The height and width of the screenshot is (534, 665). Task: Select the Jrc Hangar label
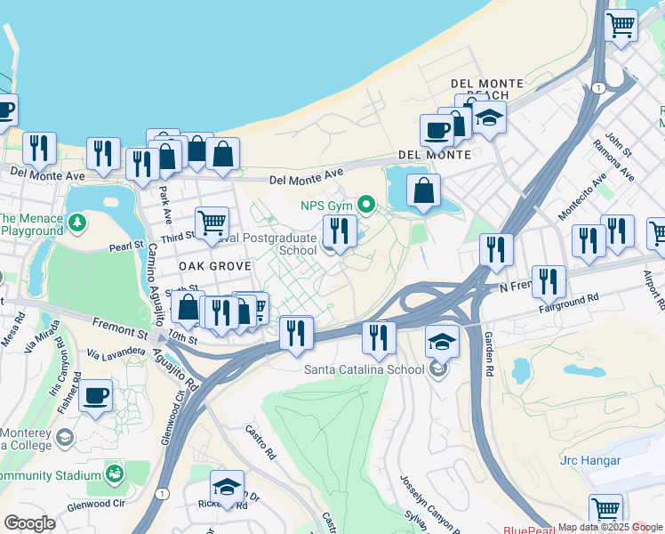pos(590,460)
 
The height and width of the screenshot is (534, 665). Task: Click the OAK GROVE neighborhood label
pos(210,266)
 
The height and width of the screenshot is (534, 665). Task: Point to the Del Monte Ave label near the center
pos(306,177)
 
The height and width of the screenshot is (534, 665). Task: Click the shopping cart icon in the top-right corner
pos(621,25)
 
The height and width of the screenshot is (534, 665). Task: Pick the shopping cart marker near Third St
pos(212,222)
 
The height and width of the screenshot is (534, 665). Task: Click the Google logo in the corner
pos(29,523)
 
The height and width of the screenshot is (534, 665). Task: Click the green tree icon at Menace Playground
pos(78,221)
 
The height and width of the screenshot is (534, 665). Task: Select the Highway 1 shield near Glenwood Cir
pos(162,493)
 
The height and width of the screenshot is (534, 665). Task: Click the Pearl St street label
pos(126,247)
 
